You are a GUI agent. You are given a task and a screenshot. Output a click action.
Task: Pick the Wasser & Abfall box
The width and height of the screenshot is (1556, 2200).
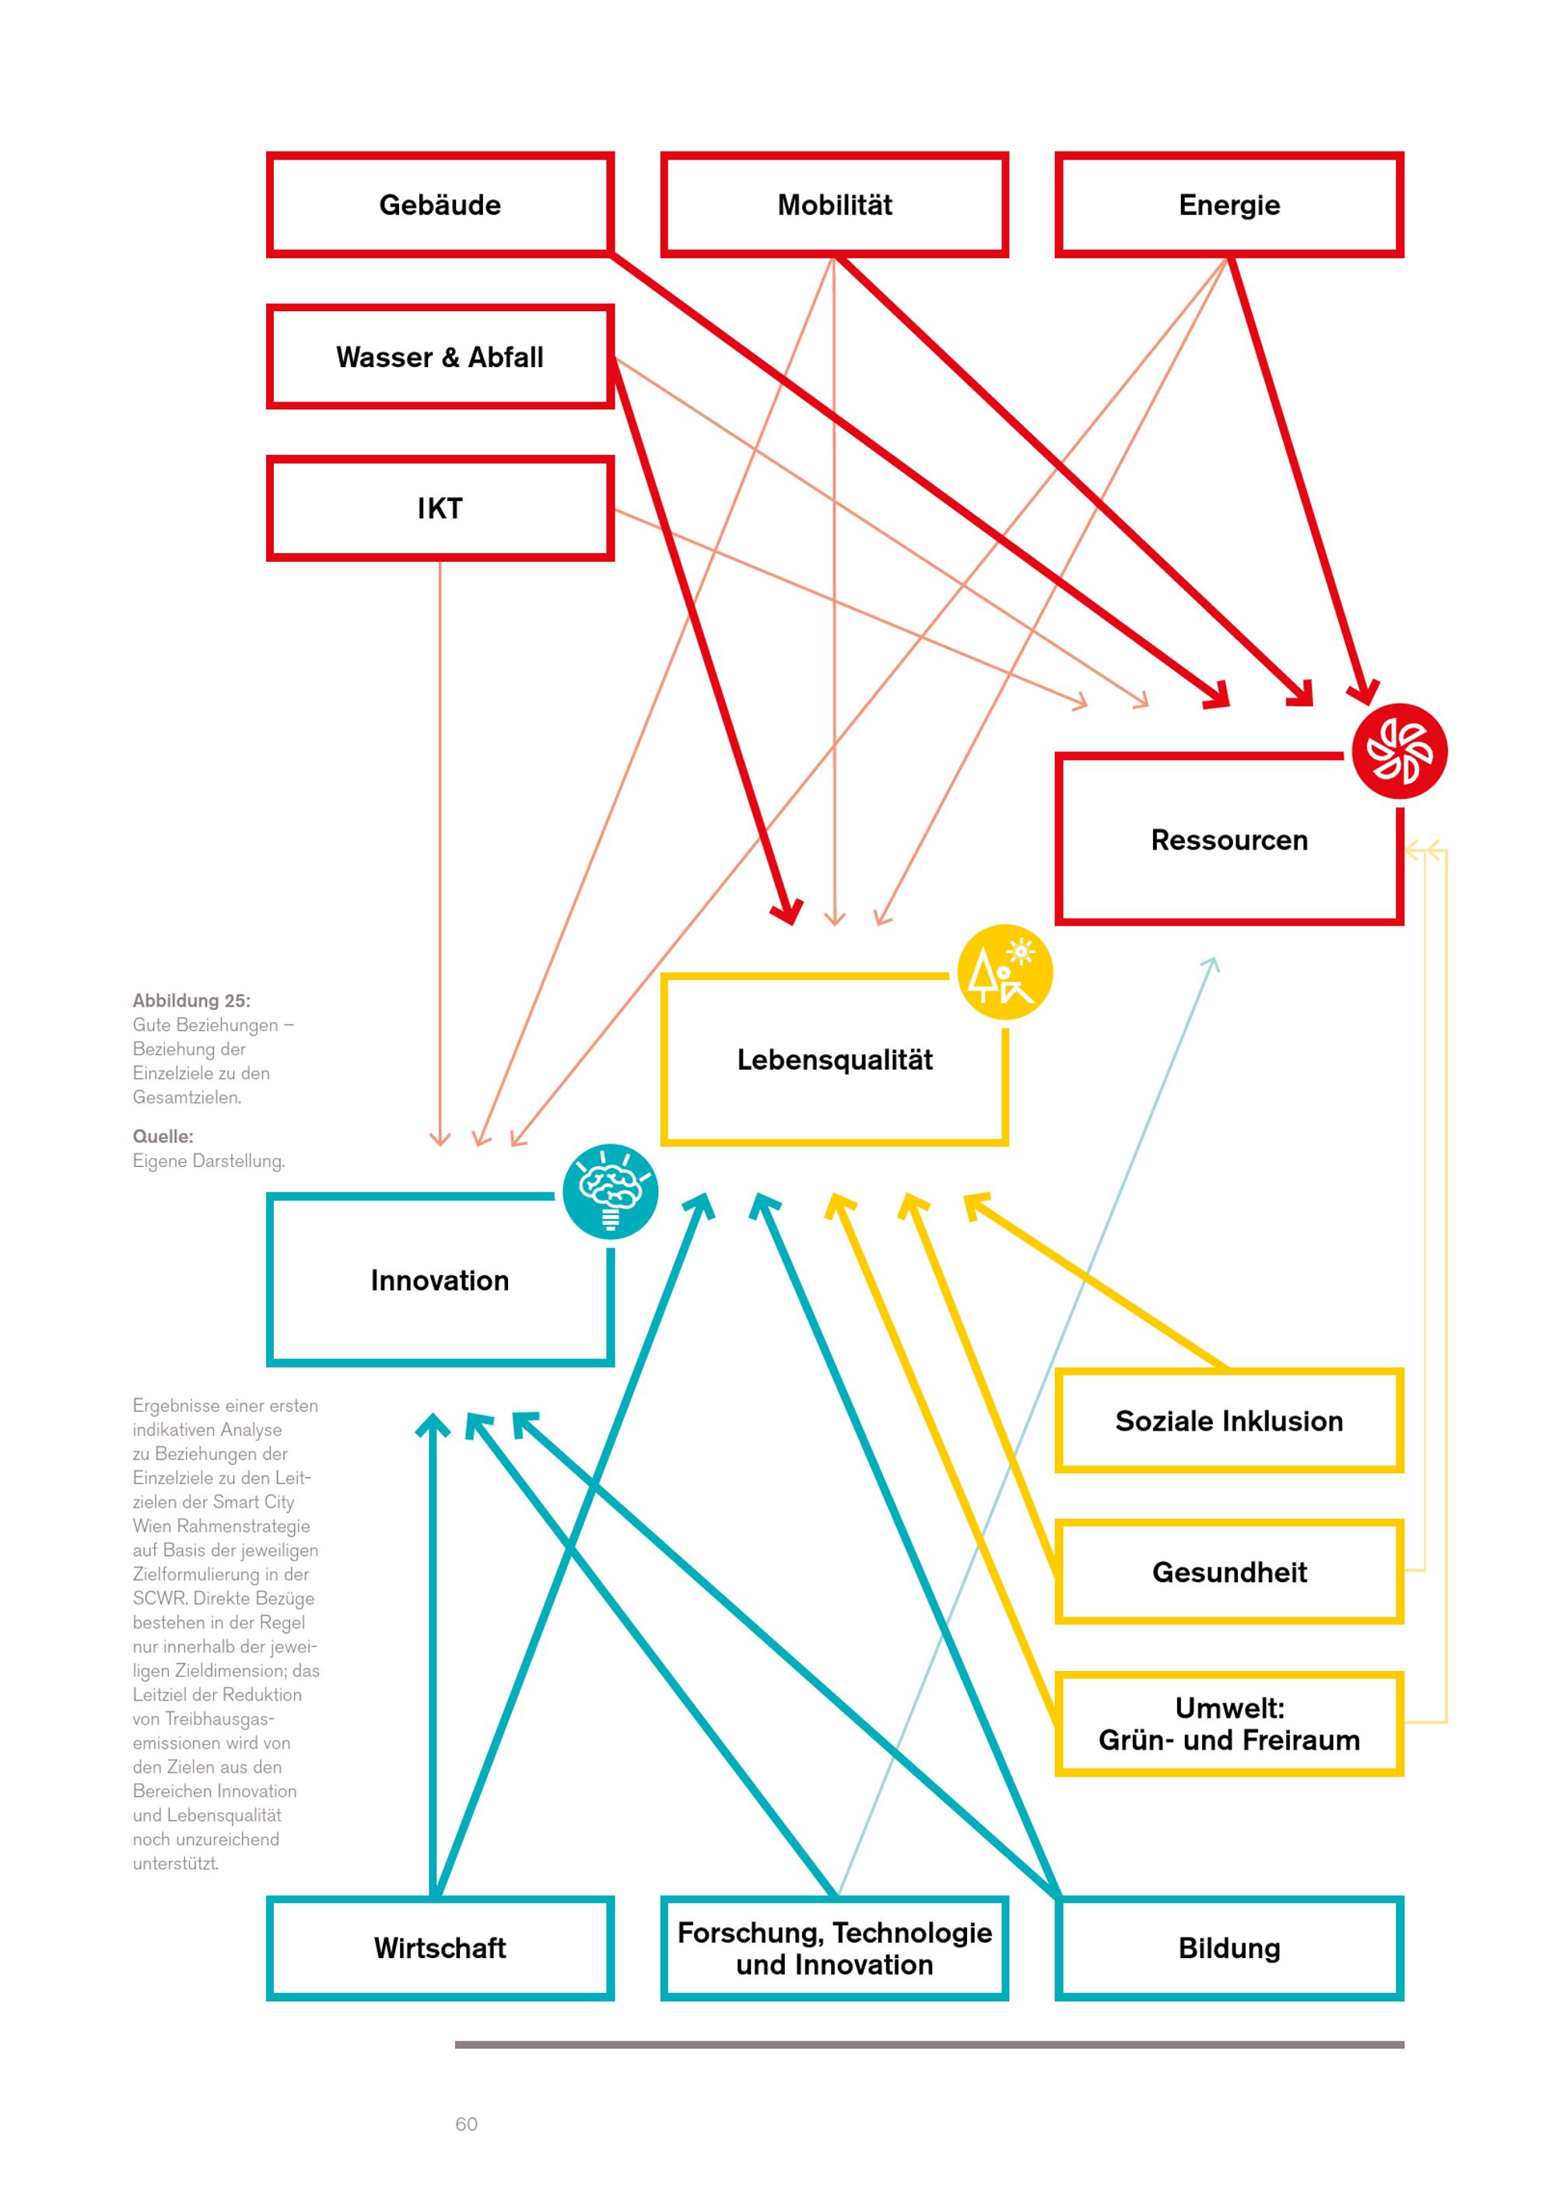coord(440,356)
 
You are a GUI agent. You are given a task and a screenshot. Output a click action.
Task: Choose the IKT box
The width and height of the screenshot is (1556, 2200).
coord(440,508)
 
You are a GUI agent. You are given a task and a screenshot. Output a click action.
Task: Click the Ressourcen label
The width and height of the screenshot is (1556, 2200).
coord(1228,840)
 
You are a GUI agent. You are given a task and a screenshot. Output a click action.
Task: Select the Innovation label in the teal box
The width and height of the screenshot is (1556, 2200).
coord(440,1280)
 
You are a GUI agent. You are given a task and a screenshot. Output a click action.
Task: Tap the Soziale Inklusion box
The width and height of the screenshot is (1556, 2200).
coord(1228,1421)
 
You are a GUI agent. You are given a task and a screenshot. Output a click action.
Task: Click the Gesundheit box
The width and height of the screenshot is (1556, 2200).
coord(1228,1572)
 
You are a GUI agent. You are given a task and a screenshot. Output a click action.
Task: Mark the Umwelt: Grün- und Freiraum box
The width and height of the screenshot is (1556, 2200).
coord(1228,1724)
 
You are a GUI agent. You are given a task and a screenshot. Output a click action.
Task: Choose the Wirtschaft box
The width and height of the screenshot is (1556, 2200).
coord(440,1948)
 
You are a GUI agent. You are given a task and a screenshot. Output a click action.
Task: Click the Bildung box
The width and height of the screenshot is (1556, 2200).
coord(1228,1948)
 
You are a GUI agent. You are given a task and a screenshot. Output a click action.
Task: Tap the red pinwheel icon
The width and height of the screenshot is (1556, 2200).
coord(1399,751)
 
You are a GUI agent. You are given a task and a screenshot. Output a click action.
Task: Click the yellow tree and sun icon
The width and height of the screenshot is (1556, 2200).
coord(1004,972)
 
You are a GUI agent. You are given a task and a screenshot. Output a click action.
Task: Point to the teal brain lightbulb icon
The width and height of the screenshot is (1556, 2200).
coord(610,1191)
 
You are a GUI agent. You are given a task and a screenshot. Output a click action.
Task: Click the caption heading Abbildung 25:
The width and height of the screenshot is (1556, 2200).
coord(191,1000)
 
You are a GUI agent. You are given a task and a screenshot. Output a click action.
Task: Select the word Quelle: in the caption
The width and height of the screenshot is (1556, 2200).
coord(163,1137)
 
